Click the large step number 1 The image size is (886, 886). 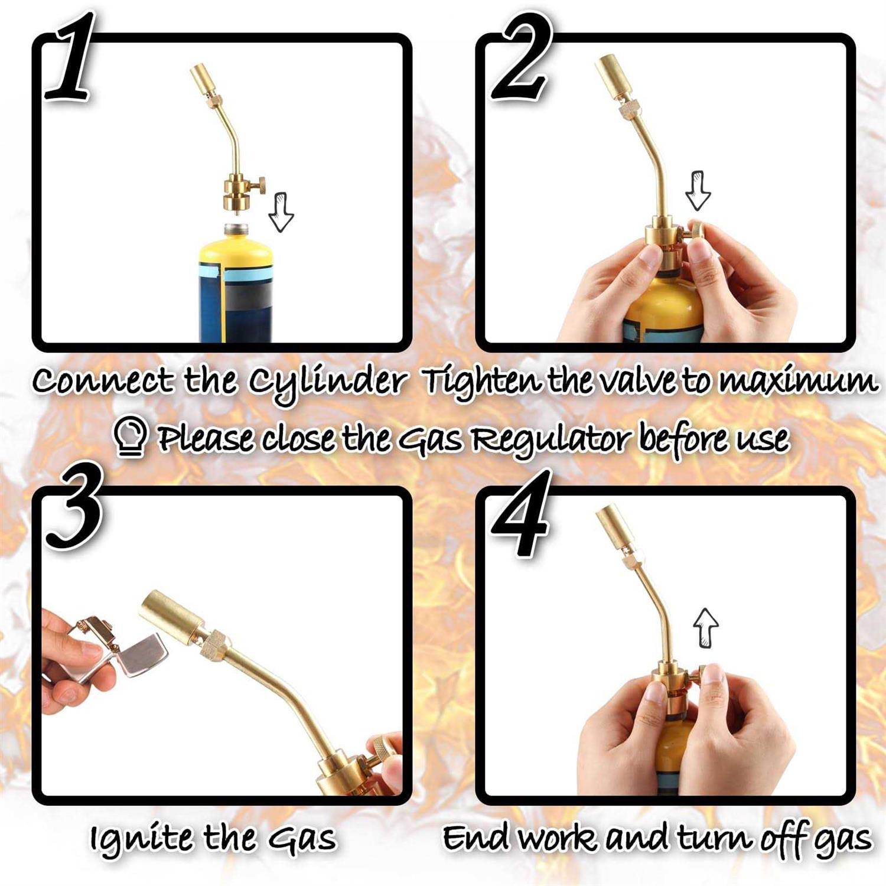click(x=71, y=59)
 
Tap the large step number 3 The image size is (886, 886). click(x=74, y=511)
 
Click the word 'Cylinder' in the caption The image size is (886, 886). click(x=327, y=382)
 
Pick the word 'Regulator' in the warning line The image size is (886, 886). click(x=552, y=438)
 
